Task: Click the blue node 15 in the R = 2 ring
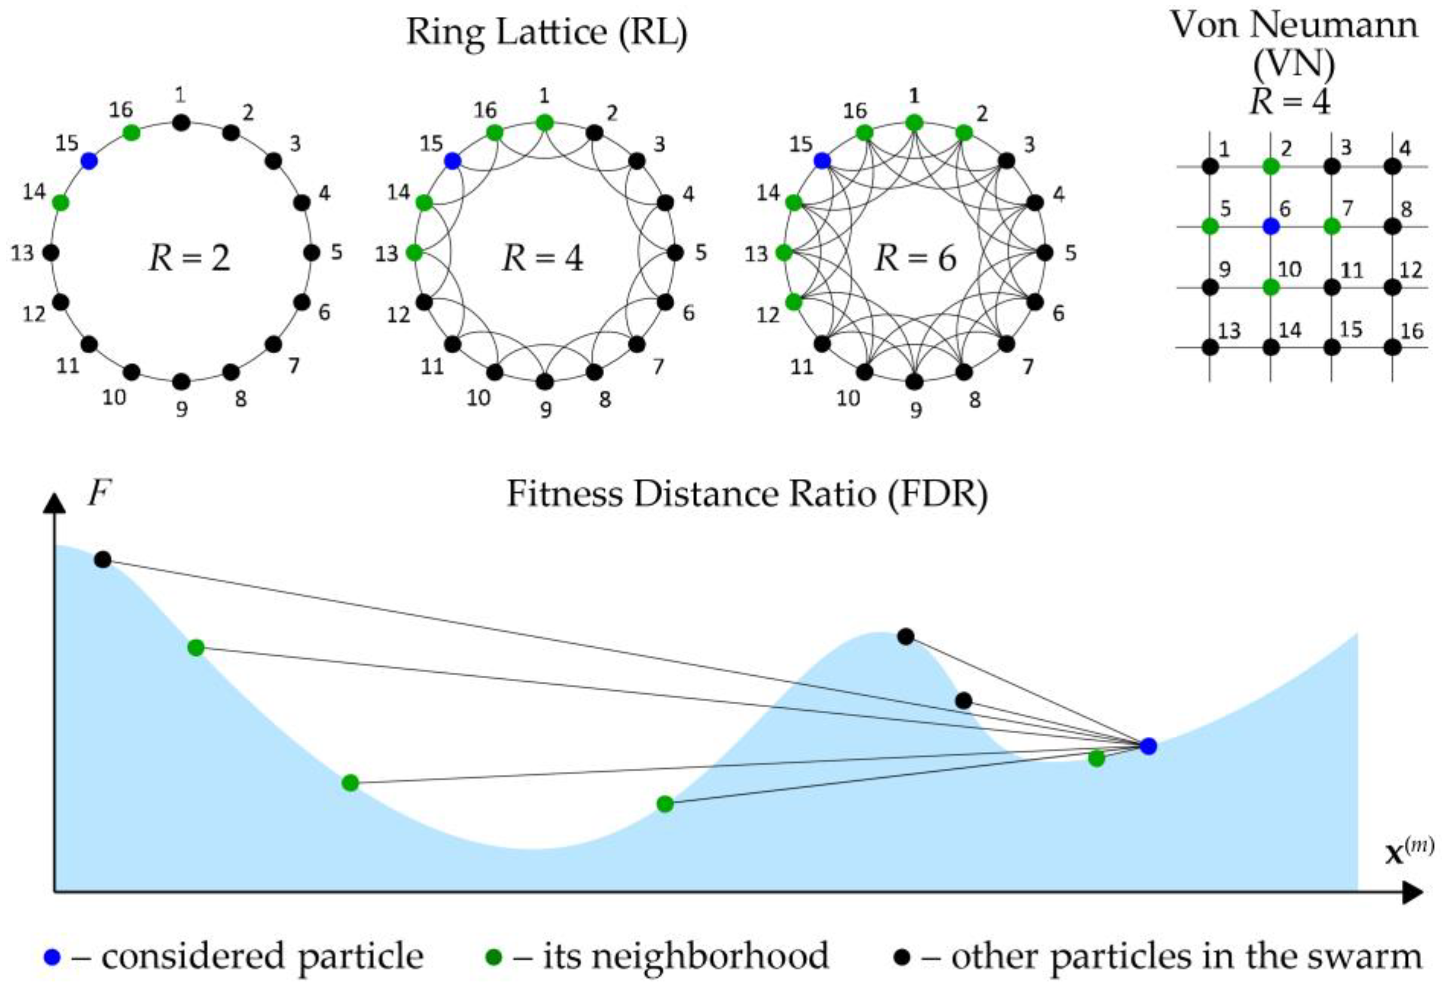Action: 89,161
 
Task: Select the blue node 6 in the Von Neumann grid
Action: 1271,227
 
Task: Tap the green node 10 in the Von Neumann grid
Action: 1271,287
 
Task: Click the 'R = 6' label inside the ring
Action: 915,258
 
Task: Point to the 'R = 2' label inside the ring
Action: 189,258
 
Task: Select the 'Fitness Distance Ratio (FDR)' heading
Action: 747,495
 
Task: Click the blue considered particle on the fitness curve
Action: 1148,746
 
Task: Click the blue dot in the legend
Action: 52,957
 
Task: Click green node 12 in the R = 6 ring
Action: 793,302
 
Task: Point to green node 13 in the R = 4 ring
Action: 414,253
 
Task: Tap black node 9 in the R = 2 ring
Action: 181,381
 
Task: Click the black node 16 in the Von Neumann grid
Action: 1393,347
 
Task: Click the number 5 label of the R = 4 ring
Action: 701,253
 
